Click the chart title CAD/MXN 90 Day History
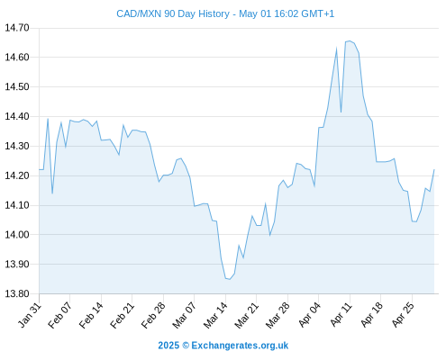click(x=173, y=13)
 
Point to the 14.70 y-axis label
click(x=17, y=28)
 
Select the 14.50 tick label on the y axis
click(x=17, y=87)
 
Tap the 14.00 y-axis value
click(x=17, y=235)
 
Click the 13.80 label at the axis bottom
click(x=17, y=293)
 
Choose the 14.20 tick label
click(x=17, y=175)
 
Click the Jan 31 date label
click(x=30, y=315)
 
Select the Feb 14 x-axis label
click(x=91, y=315)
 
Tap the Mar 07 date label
click(x=184, y=315)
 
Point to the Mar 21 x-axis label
click(x=246, y=315)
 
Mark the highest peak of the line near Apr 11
click(x=350, y=41)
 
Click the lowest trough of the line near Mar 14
click(x=230, y=279)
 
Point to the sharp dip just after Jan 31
click(x=52, y=193)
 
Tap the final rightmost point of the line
click(x=434, y=170)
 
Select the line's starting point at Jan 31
click(x=40, y=169)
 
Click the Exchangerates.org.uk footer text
click(x=240, y=346)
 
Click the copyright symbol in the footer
click(x=186, y=346)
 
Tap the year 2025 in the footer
click(x=168, y=346)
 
